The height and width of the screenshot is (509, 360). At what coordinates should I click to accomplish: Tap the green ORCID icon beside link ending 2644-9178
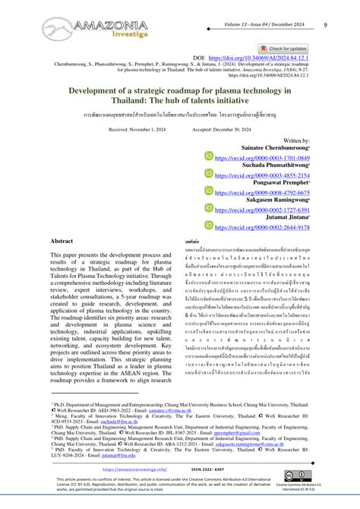point(210,226)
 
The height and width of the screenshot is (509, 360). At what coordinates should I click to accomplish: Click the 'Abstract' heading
point(62,240)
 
